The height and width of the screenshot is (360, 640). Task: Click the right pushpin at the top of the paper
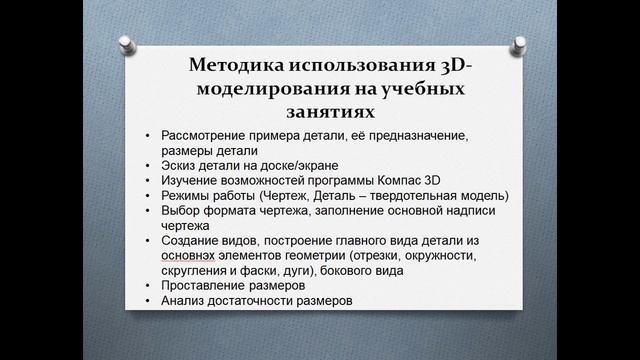pos(518,44)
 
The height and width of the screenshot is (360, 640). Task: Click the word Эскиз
pos(179,165)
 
